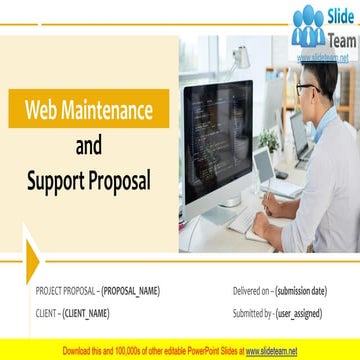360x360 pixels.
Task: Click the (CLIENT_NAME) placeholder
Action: click(85, 313)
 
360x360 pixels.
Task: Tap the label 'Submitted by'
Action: click(251, 313)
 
